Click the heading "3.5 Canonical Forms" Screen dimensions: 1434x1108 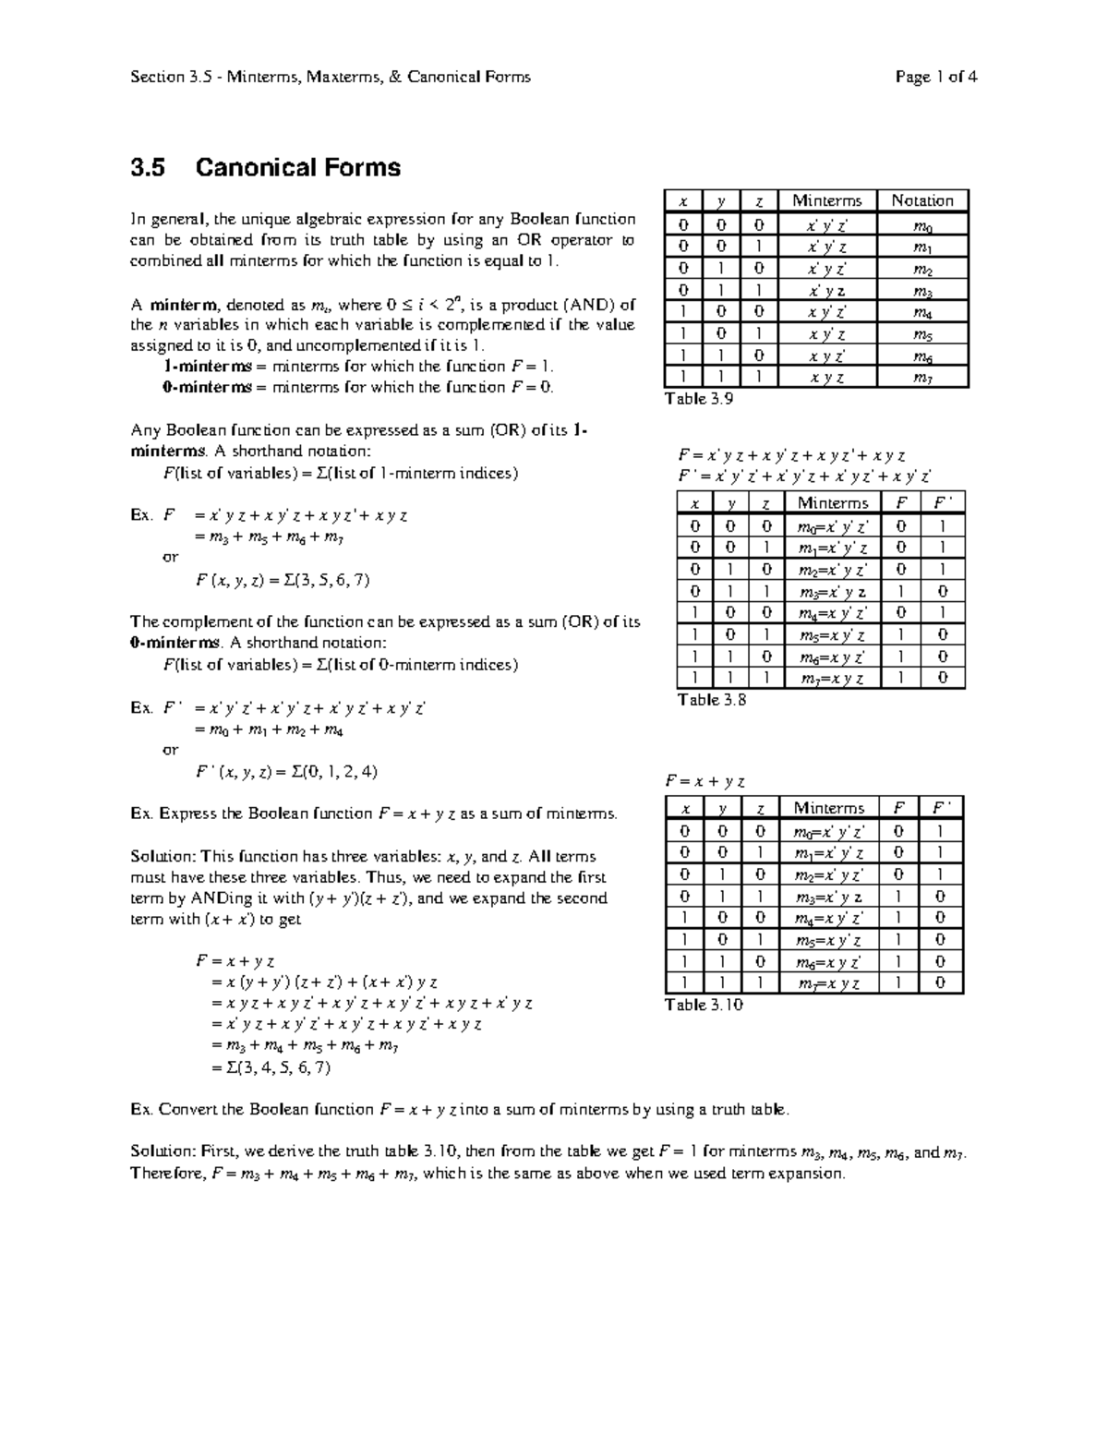pyautogui.click(x=266, y=168)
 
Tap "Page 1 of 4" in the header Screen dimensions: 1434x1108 pyautogui.click(x=935, y=78)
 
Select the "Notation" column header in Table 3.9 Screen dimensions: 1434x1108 pyautogui.click(x=921, y=201)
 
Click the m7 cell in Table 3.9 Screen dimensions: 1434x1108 pyautogui.click(x=921, y=378)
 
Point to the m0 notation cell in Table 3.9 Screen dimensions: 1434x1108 pyautogui.click(x=921, y=224)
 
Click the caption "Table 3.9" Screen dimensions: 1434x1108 pyautogui.click(x=699, y=399)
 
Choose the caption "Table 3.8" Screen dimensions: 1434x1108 pyautogui.click(x=712, y=700)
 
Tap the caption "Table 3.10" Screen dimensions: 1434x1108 pyautogui.click(x=704, y=1005)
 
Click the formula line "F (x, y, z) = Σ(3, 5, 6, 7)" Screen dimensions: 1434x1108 pyautogui.click(x=283, y=581)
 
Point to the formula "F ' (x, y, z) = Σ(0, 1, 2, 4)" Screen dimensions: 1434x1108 pyautogui.click(x=286, y=772)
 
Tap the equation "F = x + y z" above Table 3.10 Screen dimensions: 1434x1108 pyautogui.click(x=705, y=781)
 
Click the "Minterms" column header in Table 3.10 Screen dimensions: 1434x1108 pyautogui.click(x=829, y=808)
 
